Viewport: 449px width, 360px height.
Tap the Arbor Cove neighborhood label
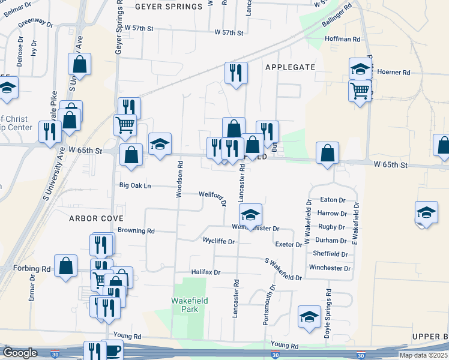pyautogui.click(x=95, y=218)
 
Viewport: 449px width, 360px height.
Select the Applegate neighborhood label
pyautogui.click(x=290, y=67)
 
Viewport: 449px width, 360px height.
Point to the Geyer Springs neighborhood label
pyautogui.click(x=169, y=7)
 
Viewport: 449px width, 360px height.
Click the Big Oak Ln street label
pyautogui.click(x=135, y=185)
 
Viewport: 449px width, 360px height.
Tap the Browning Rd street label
pyautogui.click(x=136, y=230)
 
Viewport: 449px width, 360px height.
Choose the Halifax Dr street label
pyautogui.click(x=206, y=272)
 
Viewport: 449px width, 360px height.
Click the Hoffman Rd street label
pyautogui.click(x=342, y=39)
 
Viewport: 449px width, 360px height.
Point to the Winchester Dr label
pyautogui.click(x=329, y=268)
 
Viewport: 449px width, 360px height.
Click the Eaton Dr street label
pyautogui.click(x=333, y=200)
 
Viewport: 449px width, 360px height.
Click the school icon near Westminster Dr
pyautogui.click(x=251, y=214)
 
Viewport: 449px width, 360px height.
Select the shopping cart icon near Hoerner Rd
pyautogui.click(x=360, y=91)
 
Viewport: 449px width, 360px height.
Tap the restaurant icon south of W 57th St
pyautogui.click(x=236, y=73)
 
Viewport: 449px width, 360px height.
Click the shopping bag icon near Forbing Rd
pyautogui.click(x=66, y=265)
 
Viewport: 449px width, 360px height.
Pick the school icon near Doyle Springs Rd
pyautogui.click(x=309, y=316)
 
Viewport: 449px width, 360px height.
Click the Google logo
pyautogui.click(x=20, y=353)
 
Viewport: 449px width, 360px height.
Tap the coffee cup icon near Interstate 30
pyautogui.click(x=113, y=349)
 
